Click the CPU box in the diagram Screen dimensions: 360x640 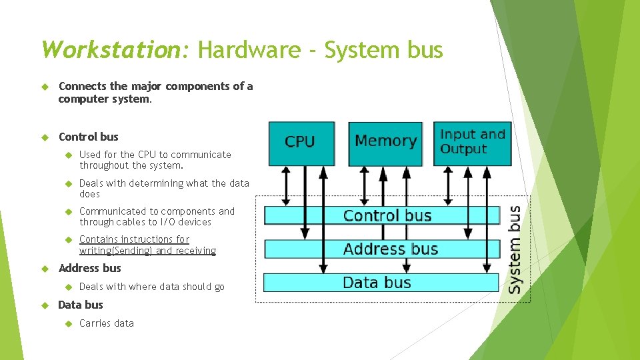click(x=301, y=143)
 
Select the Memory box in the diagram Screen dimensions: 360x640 click(x=385, y=142)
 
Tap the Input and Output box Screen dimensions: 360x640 click(x=473, y=142)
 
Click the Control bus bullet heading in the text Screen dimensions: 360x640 click(x=88, y=137)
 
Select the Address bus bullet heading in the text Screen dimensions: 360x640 click(x=89, y=268)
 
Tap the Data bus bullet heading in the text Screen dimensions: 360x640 click(x=81, y=305)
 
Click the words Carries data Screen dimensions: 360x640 click(x=107, y=323)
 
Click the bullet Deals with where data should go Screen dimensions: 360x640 click(x=152, y=287)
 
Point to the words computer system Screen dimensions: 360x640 click(x=105, y=99)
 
